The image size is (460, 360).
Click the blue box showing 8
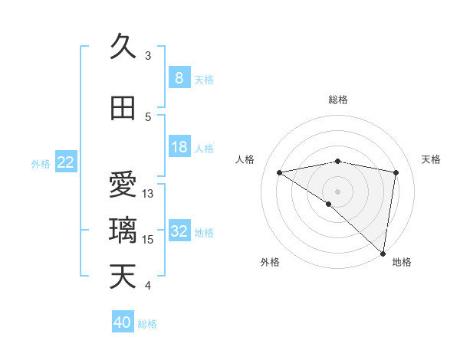coord(179,78)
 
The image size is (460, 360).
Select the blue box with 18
coord(179,147)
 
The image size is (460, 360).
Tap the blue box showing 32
coord(179,231)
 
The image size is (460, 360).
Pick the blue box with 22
coord(66,162)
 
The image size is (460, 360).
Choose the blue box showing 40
coord(123,322)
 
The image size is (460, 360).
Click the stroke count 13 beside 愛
coord(149,194)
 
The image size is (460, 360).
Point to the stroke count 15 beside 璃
coord(149,240)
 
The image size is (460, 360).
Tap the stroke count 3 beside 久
coord(148,56)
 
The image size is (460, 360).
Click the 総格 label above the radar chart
coord(337,100)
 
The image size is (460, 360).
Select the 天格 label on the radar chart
coord(432,159)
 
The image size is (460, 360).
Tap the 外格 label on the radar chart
coord(270,262)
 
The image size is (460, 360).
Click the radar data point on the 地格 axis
coord(383,253)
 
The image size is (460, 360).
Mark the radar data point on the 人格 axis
coord(280,172)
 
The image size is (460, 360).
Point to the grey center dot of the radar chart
coord(337,191)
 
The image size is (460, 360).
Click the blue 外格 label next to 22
coord(41,163)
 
